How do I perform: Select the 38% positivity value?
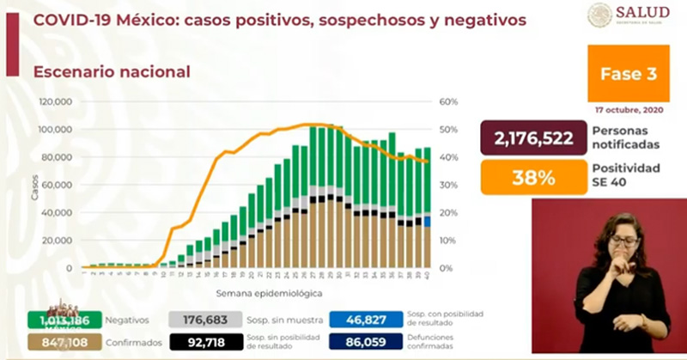click(x=532, y=178)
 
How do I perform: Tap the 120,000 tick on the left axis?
click(x=58, y=101)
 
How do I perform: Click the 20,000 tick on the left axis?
click(x=60, y=240)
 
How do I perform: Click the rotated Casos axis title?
click(x=35, y=191)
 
